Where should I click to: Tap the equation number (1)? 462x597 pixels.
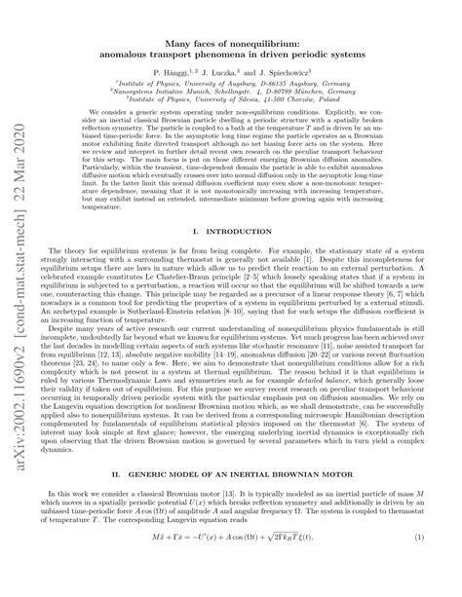point(433,566)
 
